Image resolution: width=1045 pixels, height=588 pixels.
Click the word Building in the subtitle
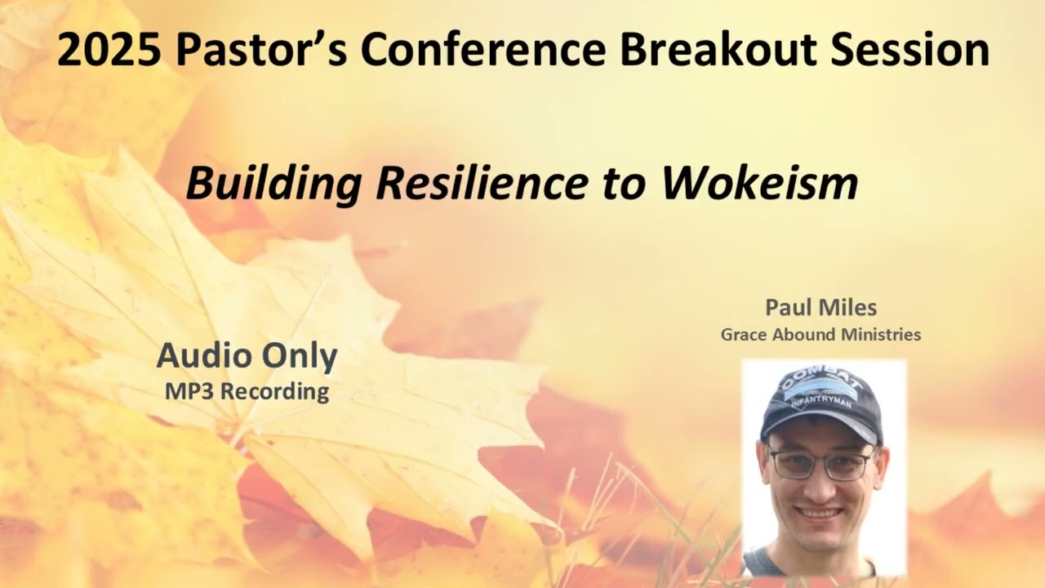click(x=274, y=185)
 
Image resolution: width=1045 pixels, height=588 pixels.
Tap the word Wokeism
click(x=759, y=185)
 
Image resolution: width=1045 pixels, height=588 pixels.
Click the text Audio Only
click(x=247, y=356)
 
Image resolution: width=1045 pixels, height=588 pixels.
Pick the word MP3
click(x=190, y=391)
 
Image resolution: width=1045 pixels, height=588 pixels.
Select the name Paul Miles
click(x=820, y=308)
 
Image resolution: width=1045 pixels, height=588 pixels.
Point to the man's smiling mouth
click(x=819, y=514)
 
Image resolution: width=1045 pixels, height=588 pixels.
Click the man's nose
click(x=820, y=487)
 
